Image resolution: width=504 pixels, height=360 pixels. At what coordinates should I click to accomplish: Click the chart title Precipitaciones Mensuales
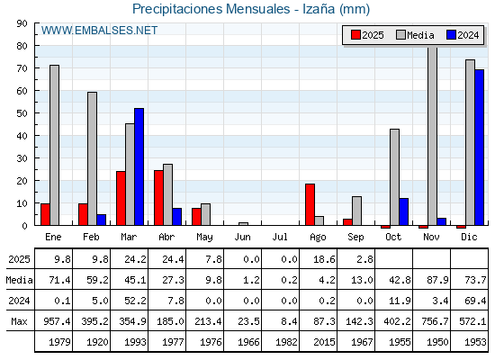(x=211, y=9)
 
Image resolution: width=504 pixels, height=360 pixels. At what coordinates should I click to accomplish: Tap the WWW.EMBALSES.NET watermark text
(x=99, y=31)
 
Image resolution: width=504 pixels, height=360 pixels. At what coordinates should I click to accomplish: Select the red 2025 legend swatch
(x=355, y=35)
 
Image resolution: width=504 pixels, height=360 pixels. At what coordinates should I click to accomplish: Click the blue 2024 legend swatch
(x=451, y=35)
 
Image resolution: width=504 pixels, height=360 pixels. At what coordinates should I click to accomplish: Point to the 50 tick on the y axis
(x=22, y=113)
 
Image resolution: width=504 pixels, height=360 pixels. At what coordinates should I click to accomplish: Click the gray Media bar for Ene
(x=54, y=145)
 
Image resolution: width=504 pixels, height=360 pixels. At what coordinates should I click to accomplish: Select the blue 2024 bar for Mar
(x=139, y=166)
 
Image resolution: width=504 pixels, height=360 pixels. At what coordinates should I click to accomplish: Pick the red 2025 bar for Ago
(x=310, y=204)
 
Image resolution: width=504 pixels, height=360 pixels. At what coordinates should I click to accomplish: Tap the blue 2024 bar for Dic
(x=479, y=148)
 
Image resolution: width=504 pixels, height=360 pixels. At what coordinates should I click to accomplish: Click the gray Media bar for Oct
(x=394, y=177)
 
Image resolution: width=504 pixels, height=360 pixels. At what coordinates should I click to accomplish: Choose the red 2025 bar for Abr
(x=158, y=198)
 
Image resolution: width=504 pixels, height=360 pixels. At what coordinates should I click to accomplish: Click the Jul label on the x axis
(x=280, y=237)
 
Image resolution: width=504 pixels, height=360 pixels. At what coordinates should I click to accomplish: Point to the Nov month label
(x=431, y=237)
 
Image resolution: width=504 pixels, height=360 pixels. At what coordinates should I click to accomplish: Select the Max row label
(x=19, y=321)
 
